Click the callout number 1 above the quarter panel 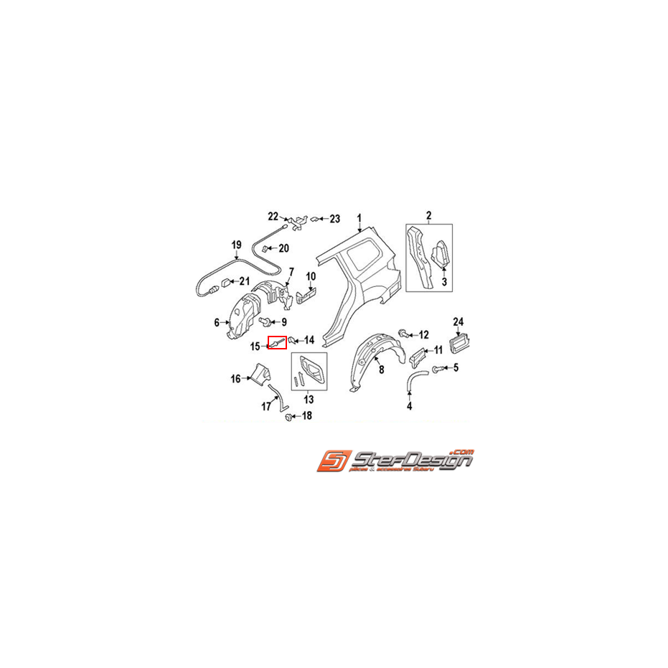(x=360, y=218)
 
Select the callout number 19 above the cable (x=236, y=245)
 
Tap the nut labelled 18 (x=288, y=416)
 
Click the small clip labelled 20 (x=263, y=248)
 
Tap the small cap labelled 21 (x=223, y=281)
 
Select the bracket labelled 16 (x=258, y=375)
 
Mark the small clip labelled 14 (x=293, y=339)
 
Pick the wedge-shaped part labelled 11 (x=418, y=354)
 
